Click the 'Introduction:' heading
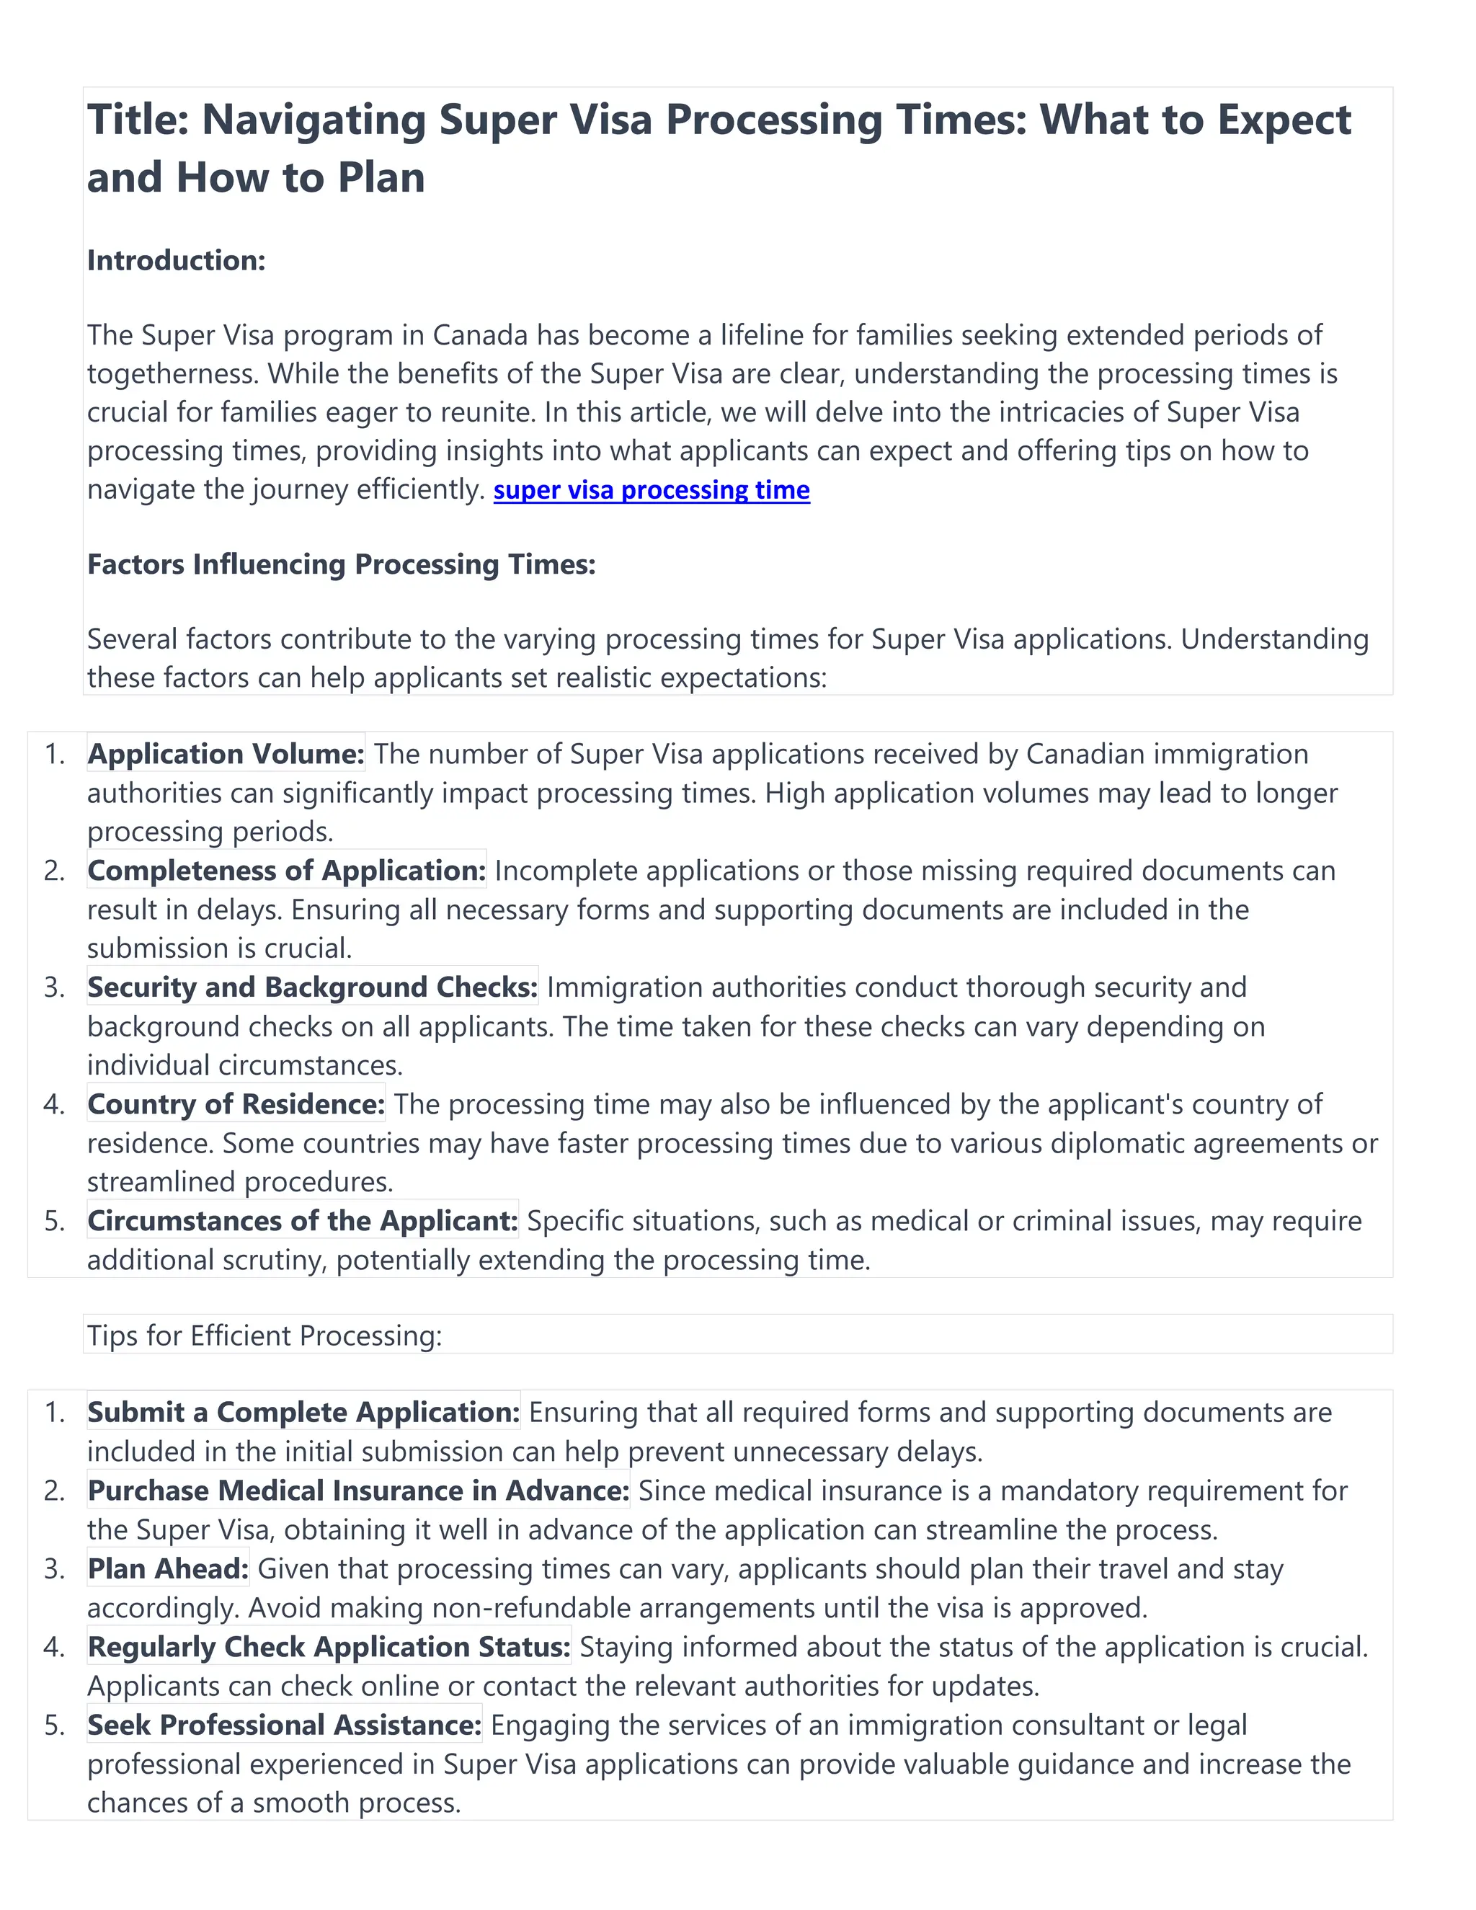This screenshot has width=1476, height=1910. pos(176,261)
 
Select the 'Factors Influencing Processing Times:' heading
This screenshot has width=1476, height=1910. pos(341,564)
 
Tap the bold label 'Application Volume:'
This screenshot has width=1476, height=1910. pos(226,754)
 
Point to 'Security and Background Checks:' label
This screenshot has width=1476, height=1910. pos(312,987)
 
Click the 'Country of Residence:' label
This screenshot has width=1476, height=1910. pos(236,1104)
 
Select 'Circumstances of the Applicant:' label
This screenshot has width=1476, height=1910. pos(303,1221)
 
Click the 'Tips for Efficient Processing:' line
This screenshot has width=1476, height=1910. pos(264,1336)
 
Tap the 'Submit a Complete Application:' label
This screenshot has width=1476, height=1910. pos(303,1413)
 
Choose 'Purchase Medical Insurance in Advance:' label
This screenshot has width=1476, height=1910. pos(358,1491)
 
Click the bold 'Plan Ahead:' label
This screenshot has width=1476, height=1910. pos(168,1569)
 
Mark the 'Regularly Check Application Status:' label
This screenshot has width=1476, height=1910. pos(329,1647)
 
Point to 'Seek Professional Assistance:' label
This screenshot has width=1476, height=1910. pos(284,1725)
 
